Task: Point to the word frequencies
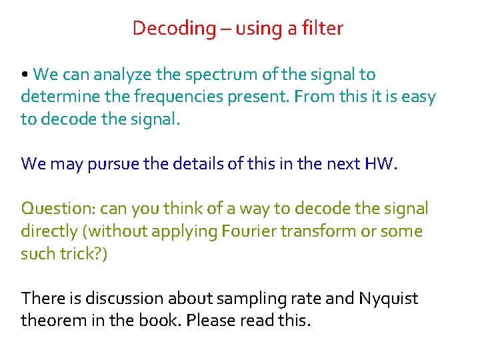tap(172, 97)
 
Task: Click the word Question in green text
tap(57, 209)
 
